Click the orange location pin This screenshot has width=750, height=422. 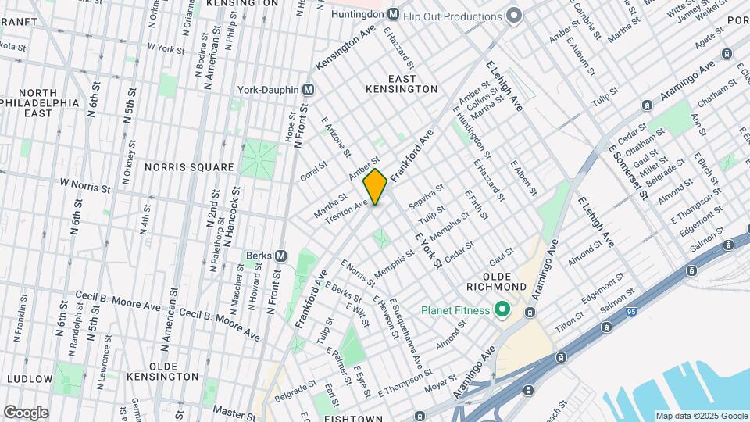(x=376, y=186)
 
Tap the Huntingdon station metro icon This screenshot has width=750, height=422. (x=394, y=15)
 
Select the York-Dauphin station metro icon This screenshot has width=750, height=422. (x=309, y=89)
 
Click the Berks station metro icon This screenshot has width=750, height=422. (x=281, y=256)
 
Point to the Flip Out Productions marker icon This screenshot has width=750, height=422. (x=513, y=16)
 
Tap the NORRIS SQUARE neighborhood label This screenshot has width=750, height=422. (x=189, y=167)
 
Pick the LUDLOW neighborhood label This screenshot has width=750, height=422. (x=29, y=378)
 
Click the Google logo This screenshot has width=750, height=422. (x=26, y=412)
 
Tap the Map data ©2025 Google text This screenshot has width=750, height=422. (x=700, y=416)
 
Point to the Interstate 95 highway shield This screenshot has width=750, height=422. (x=630, y=312)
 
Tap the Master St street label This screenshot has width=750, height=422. (x=230, y=409)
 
